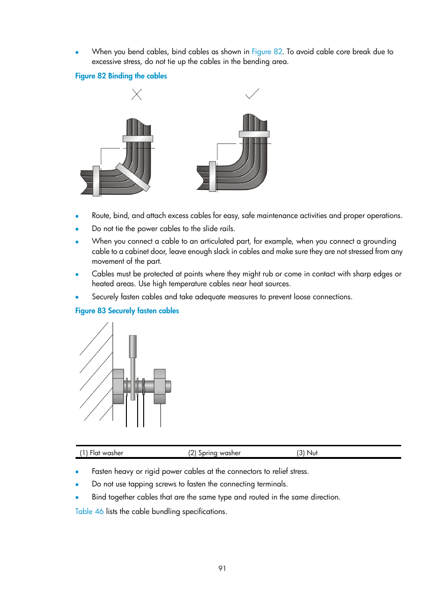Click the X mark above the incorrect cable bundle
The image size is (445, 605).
(x=137, y=95)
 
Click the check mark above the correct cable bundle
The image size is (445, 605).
(x=252, y=94)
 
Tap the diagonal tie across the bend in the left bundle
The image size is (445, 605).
(x=133, y=177)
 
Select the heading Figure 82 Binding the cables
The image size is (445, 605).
(x=121, y=76)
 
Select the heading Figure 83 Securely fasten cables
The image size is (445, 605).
(x=127, y=311)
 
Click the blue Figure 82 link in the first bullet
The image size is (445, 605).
(x=267, y=52)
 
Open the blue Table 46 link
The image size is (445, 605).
(x=89, y=512)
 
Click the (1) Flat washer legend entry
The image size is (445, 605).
(x=102, y=453)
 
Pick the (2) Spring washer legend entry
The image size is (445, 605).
(x=215, y=453)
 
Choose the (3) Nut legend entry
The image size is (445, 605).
(x=307, y=453)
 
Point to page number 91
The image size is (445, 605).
(x=222, y=569)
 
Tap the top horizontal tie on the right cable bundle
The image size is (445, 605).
(x=254, y=134)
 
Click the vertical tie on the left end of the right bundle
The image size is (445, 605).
(x=213, y=176)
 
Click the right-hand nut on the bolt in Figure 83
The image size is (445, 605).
(x=160, y=386)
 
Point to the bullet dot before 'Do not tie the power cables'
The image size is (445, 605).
(x=77, y=229)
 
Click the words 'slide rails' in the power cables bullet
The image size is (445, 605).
(x=219, y=229)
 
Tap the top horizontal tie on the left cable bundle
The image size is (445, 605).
(x=138, y=139)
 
